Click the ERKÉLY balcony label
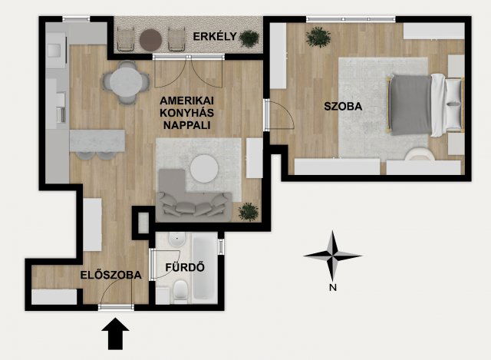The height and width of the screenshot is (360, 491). (215, 36)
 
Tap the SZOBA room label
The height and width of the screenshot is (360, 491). (343, 107)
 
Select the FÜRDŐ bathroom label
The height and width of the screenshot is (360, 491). (185, 267)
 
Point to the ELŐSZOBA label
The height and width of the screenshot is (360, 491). (110, 275)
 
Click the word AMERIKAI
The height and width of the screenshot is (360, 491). (187, 101)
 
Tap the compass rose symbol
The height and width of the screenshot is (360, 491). (332, 256)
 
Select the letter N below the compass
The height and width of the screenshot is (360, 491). (333, 287)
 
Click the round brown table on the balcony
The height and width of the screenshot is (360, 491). (150, 40)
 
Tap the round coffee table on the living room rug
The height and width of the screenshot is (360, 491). (204, 168)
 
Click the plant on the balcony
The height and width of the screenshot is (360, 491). (249, 38)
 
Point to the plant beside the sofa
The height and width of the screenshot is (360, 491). (249, 212)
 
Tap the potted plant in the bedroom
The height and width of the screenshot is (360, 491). (318, 37)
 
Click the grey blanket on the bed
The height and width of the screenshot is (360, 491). (411, 104)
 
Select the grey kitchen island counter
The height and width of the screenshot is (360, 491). (97, 140)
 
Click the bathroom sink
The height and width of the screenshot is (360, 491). (177, 240)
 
